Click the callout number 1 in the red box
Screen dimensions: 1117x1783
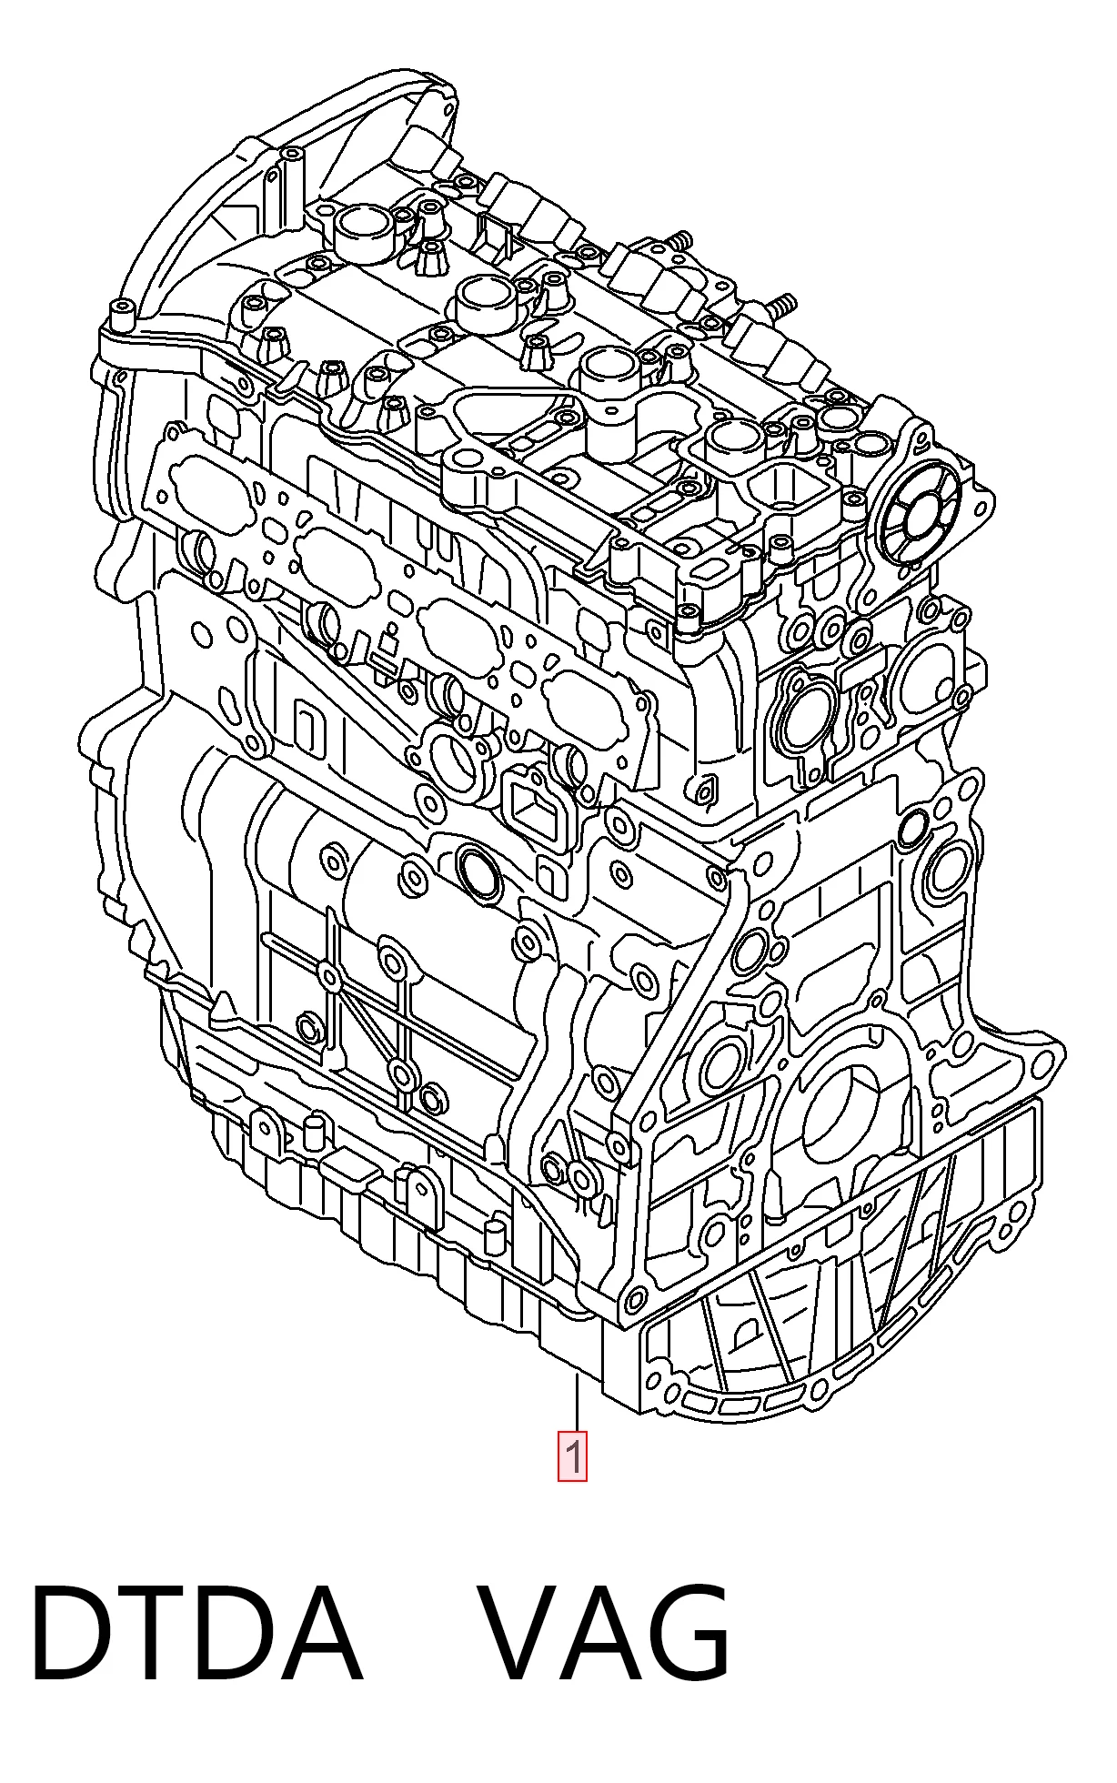pyautogui.click(x=572, y=1456)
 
